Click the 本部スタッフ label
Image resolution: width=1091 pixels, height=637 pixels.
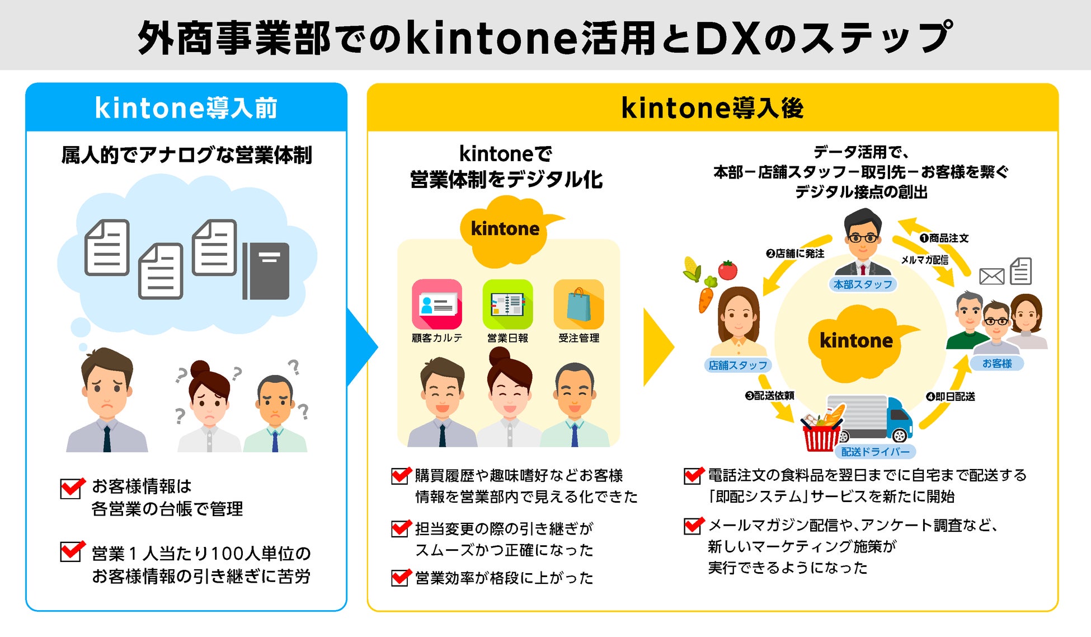point(863,284)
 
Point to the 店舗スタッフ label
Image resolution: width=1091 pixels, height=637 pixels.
point(737,365)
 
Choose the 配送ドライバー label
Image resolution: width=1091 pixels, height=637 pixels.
point(875,451)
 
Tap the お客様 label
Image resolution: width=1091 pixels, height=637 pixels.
point(997,363)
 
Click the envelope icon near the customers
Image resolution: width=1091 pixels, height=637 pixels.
point(991,276)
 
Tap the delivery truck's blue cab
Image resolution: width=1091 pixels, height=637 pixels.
point(900,417)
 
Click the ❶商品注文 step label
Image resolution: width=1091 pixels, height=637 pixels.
point(944,238)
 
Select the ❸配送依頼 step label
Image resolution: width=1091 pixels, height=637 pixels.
point(769,396)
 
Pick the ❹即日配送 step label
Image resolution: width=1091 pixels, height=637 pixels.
point(951,396)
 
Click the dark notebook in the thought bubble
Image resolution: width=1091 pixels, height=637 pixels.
point(266,271)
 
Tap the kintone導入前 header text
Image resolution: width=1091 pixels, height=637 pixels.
point(186,108)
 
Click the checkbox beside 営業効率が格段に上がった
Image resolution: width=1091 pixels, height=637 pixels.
point(400,577)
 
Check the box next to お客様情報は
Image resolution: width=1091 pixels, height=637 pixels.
point(72,488)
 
